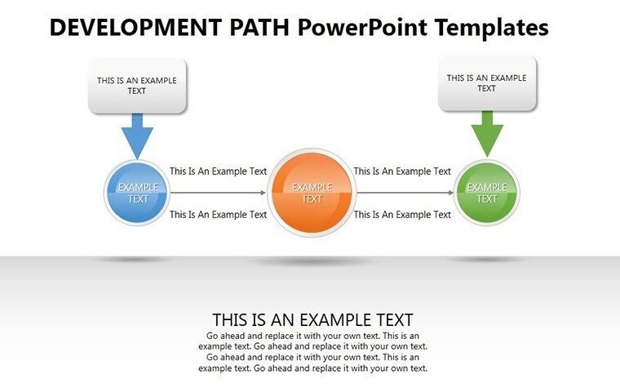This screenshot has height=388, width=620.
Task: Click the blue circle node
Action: pyautogui.click(x=137, y=194)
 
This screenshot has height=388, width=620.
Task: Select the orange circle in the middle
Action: pyautogui.click(x=312, y=194)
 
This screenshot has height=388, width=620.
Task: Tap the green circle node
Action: pyautogui.click(x=486, y=194)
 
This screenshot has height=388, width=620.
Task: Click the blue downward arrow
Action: pyautogui.click(x=137, y=136)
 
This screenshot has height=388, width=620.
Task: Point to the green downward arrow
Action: pyautogui.click(x=487, y=133)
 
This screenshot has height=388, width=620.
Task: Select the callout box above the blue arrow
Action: pyautogui.click(x=137, y=86)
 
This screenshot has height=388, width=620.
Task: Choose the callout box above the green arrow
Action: pyautogui.click(x=487, y=83)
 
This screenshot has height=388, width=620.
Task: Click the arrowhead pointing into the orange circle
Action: pyautogui.click(x=263, y=194)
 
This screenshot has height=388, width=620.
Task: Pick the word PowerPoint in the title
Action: pyautogui.click(x=356, y=28)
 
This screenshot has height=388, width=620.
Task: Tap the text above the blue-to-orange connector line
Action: pyautogui.click(x=218, y=172)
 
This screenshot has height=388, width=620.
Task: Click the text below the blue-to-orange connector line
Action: pyautogui.click(x=218, y=215)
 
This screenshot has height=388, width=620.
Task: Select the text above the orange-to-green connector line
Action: pyautogui.click(x=402, y=172)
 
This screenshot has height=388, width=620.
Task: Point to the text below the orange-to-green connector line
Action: pyautogui.click(x=402, y=215)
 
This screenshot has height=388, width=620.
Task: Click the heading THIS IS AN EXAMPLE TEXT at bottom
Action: pyautogui.click(x=312, y=319)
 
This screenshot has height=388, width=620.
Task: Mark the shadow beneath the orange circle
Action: pyautogui.click(x=312, y=261)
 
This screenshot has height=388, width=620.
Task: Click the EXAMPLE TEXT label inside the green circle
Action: pyautogui.click(x=486, y=194)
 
